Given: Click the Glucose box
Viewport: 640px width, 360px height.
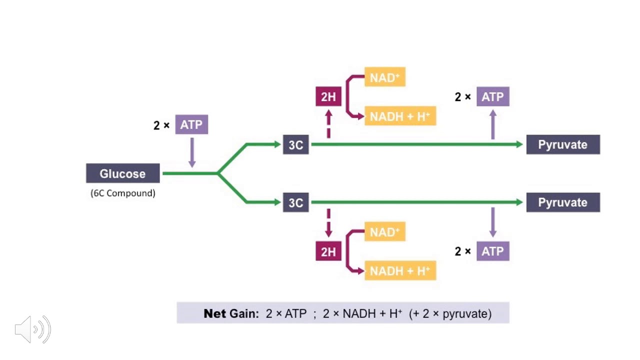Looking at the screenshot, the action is (123, 173).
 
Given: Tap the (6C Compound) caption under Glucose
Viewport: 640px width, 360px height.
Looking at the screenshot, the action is (123, 193).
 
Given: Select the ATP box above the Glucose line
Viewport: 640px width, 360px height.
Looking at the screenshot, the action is (191, 124).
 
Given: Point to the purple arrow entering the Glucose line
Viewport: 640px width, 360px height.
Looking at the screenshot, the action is (192, 153).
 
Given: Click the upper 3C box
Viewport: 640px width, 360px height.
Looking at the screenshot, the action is (295, 144).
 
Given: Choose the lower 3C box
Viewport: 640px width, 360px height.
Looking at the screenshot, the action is (295, 202).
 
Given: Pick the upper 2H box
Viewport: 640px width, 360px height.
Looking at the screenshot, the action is (328, 96).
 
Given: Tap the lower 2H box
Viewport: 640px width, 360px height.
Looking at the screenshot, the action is (328, 251).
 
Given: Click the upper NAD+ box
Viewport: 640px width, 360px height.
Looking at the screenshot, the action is (385, 77).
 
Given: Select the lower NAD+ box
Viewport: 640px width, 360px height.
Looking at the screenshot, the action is (385, 231).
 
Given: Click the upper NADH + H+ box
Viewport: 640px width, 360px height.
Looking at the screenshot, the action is (400, 116).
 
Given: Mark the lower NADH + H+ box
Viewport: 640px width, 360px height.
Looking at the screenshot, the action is (400, 270).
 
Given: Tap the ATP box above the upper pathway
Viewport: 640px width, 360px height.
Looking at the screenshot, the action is (493, 96).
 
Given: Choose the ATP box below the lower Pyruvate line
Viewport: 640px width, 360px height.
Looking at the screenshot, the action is (493, 251).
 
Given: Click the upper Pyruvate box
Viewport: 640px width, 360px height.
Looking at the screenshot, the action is (563, 144).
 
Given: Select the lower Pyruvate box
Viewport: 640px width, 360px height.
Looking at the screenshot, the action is (563, 202).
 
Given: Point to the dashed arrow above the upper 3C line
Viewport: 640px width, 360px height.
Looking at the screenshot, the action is (328, 124).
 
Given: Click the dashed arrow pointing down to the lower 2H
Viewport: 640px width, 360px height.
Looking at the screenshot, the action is (328, 223).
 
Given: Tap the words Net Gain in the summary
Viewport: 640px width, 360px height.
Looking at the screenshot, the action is (231, 313).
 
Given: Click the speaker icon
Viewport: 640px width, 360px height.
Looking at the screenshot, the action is (33, 329).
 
